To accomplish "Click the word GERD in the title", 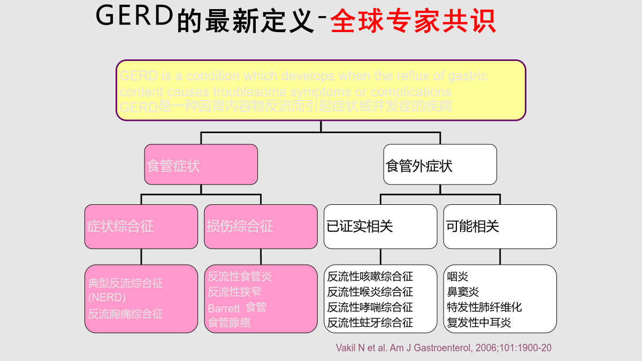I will [134, 18].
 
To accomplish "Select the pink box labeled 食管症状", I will [201, 165].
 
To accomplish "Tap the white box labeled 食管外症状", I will [440, 165].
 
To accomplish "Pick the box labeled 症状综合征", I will [141, 226].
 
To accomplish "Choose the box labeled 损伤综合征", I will [261, 226].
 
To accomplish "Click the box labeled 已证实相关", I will [380, 226].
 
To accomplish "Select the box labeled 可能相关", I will [500, 226].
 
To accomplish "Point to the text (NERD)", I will [107, 297].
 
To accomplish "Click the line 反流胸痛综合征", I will [126, 313].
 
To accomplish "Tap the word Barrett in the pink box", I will [224, 309].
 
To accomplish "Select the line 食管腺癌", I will [229, 322].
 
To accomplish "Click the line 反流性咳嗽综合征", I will [370, 277].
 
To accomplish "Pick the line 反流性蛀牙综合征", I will [370, 322].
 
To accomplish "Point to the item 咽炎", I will [458, 277].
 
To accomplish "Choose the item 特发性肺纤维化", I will [484, 307].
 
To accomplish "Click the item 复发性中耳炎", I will [479, 322].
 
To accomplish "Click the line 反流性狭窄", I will [234, 292].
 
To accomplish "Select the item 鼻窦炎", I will [463, 292].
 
